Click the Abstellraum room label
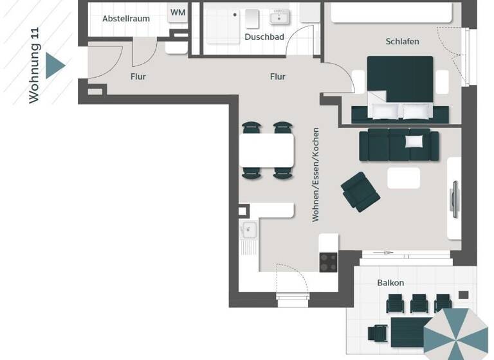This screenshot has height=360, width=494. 126,19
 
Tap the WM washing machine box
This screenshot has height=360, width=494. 178,13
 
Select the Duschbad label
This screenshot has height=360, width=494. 264,37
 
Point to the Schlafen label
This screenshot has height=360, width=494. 402,41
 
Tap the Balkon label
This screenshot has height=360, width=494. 390,283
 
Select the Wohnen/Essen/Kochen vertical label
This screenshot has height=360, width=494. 315,174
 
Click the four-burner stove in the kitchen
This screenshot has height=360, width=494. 328,262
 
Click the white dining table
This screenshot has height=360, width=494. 267,149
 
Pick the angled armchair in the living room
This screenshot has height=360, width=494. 360,191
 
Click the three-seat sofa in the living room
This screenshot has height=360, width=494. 399,145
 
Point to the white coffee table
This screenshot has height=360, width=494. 403,177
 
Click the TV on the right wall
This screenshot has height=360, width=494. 453,200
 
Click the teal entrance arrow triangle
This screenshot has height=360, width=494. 55,65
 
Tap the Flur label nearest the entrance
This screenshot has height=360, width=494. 138,76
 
